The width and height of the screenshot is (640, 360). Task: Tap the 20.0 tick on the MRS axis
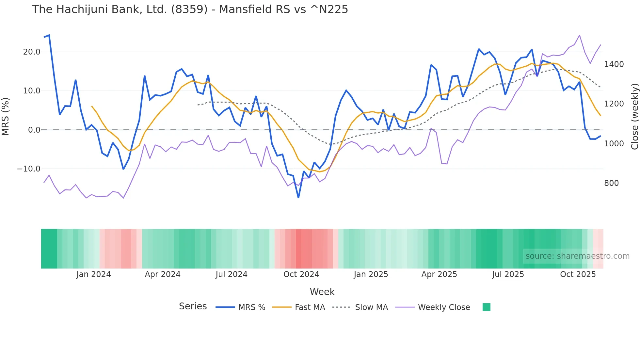click(32, 52)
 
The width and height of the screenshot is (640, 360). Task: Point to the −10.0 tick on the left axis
click(29, 169)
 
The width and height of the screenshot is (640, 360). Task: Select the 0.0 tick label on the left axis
click(34, 130)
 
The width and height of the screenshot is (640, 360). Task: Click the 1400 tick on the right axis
click(614, 64)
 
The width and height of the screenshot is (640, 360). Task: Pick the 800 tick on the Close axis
click(611, 183)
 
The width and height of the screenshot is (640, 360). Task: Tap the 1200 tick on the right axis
click(614, 104)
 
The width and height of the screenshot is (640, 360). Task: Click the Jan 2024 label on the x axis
click(94, 274)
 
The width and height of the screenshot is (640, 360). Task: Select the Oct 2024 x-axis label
click(301, 274)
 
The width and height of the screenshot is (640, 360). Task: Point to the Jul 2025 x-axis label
click(508, 274)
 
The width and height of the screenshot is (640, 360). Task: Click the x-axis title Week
click(322, 292)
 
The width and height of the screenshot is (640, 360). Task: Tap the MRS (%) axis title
click(6, 117)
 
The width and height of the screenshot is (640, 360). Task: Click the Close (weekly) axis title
click(634, 117)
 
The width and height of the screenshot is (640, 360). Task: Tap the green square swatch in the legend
click(486, 307)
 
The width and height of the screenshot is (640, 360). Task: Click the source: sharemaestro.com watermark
click(577, 256)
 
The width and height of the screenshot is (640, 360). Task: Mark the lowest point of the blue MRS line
click(298, 197)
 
